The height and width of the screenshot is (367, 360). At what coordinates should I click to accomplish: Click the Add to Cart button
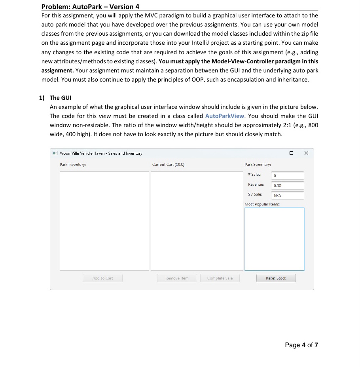(102, 278)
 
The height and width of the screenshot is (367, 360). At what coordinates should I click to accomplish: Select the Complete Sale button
(220, 278)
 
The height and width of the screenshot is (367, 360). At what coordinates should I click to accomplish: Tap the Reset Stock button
(276, 278)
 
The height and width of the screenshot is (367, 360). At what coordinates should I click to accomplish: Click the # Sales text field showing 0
(288, 175)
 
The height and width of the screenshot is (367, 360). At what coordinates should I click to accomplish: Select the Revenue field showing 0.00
(288, 185)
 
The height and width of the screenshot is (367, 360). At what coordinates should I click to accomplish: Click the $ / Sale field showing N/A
(288, 195)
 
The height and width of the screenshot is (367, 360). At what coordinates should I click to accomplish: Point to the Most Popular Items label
(262, 204)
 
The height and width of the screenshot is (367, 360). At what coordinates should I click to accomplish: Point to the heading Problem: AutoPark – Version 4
(90, 7)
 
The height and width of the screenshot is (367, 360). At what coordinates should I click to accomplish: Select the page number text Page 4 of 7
(301, 345)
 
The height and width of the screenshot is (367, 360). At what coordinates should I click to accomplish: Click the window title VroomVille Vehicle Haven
(100, 153)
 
